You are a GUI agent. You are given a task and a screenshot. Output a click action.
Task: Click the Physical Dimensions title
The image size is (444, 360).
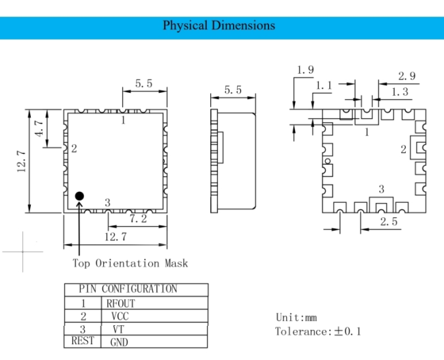coord(219,25)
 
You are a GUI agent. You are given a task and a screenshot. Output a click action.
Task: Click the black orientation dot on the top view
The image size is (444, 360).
coord(79,196)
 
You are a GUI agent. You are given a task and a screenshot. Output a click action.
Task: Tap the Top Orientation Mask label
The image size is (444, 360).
coord(130,263)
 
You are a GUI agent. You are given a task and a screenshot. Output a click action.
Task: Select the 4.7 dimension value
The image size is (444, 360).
coord(39,128)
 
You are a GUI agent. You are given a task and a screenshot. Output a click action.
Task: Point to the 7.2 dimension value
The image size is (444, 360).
coord(138,219)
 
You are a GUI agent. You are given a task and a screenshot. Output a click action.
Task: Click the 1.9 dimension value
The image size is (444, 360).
coord(305,70)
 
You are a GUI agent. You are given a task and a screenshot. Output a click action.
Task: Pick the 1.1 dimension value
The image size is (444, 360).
coord(324,85)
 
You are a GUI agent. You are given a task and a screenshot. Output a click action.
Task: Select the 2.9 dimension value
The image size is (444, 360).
coord(407,76)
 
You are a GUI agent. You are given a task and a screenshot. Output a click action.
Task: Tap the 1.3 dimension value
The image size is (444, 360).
coord(400,92)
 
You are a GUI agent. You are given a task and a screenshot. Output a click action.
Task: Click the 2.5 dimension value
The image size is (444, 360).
coord(389,221)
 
